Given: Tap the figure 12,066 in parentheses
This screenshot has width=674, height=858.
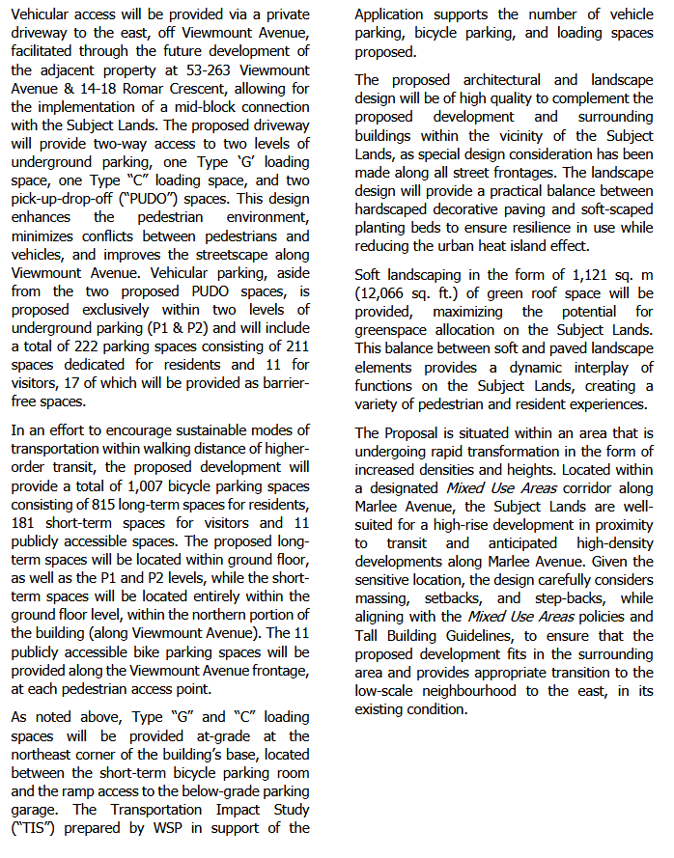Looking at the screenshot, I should pyautogui.click(x=385, y=293).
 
